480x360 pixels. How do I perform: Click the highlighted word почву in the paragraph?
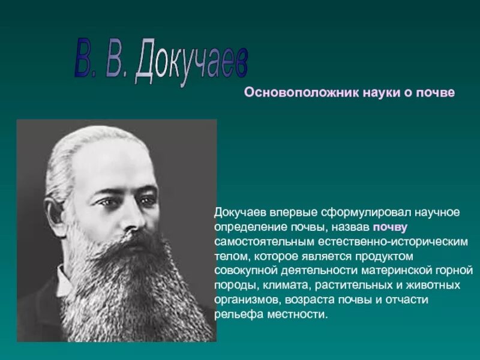point(390,227)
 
